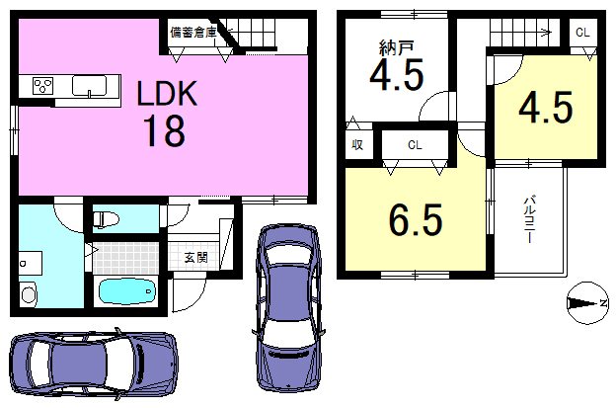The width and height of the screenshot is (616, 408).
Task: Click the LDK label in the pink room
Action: click(x=167, y=93)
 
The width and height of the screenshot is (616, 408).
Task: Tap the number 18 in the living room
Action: click(x=164, y=130)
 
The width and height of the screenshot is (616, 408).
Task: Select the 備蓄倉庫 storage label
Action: click(x=193, y=33)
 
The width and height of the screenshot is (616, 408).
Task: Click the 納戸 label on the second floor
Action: click(x=396, y=48)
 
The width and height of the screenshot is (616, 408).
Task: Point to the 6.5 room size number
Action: click(x=416, y=220)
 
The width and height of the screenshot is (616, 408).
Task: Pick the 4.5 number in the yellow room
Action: click(x=546, y=107)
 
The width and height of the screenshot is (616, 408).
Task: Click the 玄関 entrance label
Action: click(x=196, y=258)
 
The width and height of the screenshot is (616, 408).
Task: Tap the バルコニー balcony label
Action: click(x=529, y=219)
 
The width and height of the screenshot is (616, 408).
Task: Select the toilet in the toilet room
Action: click(x=106, y=219)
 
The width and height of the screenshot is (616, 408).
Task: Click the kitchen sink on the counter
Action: click(x=89, y=86)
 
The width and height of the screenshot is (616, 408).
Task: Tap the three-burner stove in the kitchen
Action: click(x=43, y=86)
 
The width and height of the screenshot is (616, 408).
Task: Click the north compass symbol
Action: click(x=587, y=303)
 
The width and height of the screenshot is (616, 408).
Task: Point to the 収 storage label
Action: click(x=357, y=145)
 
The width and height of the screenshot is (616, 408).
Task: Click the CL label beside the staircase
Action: click(x=582, y=33)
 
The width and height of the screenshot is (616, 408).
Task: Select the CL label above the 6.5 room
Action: click(x=415, y=145)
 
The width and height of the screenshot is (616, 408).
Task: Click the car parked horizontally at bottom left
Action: click(x=94, y=364)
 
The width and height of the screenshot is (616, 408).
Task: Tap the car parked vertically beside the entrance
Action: click(x=289, y=307)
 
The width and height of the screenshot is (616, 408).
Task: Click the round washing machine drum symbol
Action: click(x=29, y=294)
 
